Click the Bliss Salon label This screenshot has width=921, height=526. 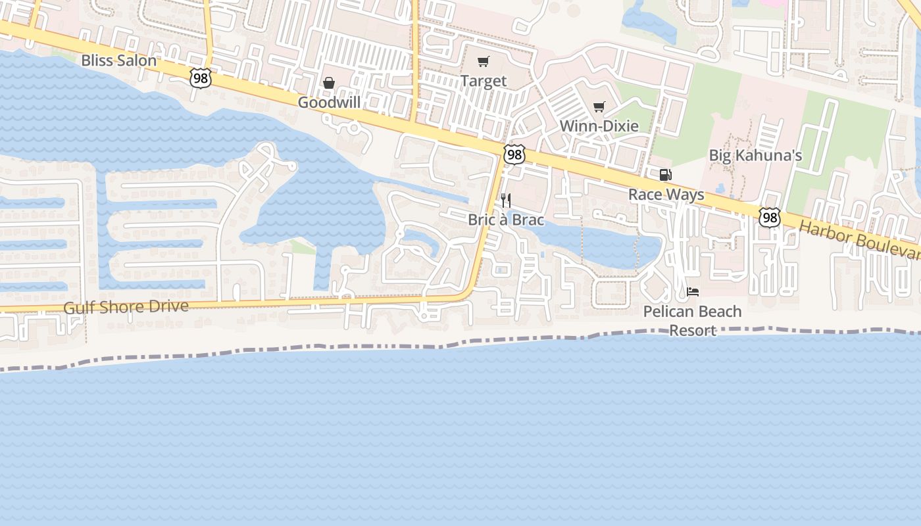click(x=118, y=60)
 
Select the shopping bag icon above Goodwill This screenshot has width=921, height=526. click(x=329, y=83)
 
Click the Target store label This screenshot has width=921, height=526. click(x=484, y=81)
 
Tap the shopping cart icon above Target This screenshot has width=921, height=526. click(x=484, y=62)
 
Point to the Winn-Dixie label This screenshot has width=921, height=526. click(x=599, y=126)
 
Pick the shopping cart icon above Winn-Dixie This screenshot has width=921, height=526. click(x=599, y=107)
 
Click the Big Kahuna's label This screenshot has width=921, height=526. click(x=755, y=155)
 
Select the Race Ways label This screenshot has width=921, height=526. click(x=666, y=194)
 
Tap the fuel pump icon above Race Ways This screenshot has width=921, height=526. click(x=666, y=175)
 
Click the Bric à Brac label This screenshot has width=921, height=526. click(x=506, y=219)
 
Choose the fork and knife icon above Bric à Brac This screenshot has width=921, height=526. click(x=506, y=200)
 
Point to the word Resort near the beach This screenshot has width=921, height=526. click(x=693, y=330)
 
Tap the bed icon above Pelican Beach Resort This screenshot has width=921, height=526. click(x=693, y=291)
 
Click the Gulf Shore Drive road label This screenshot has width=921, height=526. click(x=126, y=307)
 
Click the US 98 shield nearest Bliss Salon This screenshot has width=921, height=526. click(x=200, y=78)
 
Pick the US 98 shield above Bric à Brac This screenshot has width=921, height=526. click(x=514, y=155)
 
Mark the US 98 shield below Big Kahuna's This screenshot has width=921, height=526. click(x=769, y=218)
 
